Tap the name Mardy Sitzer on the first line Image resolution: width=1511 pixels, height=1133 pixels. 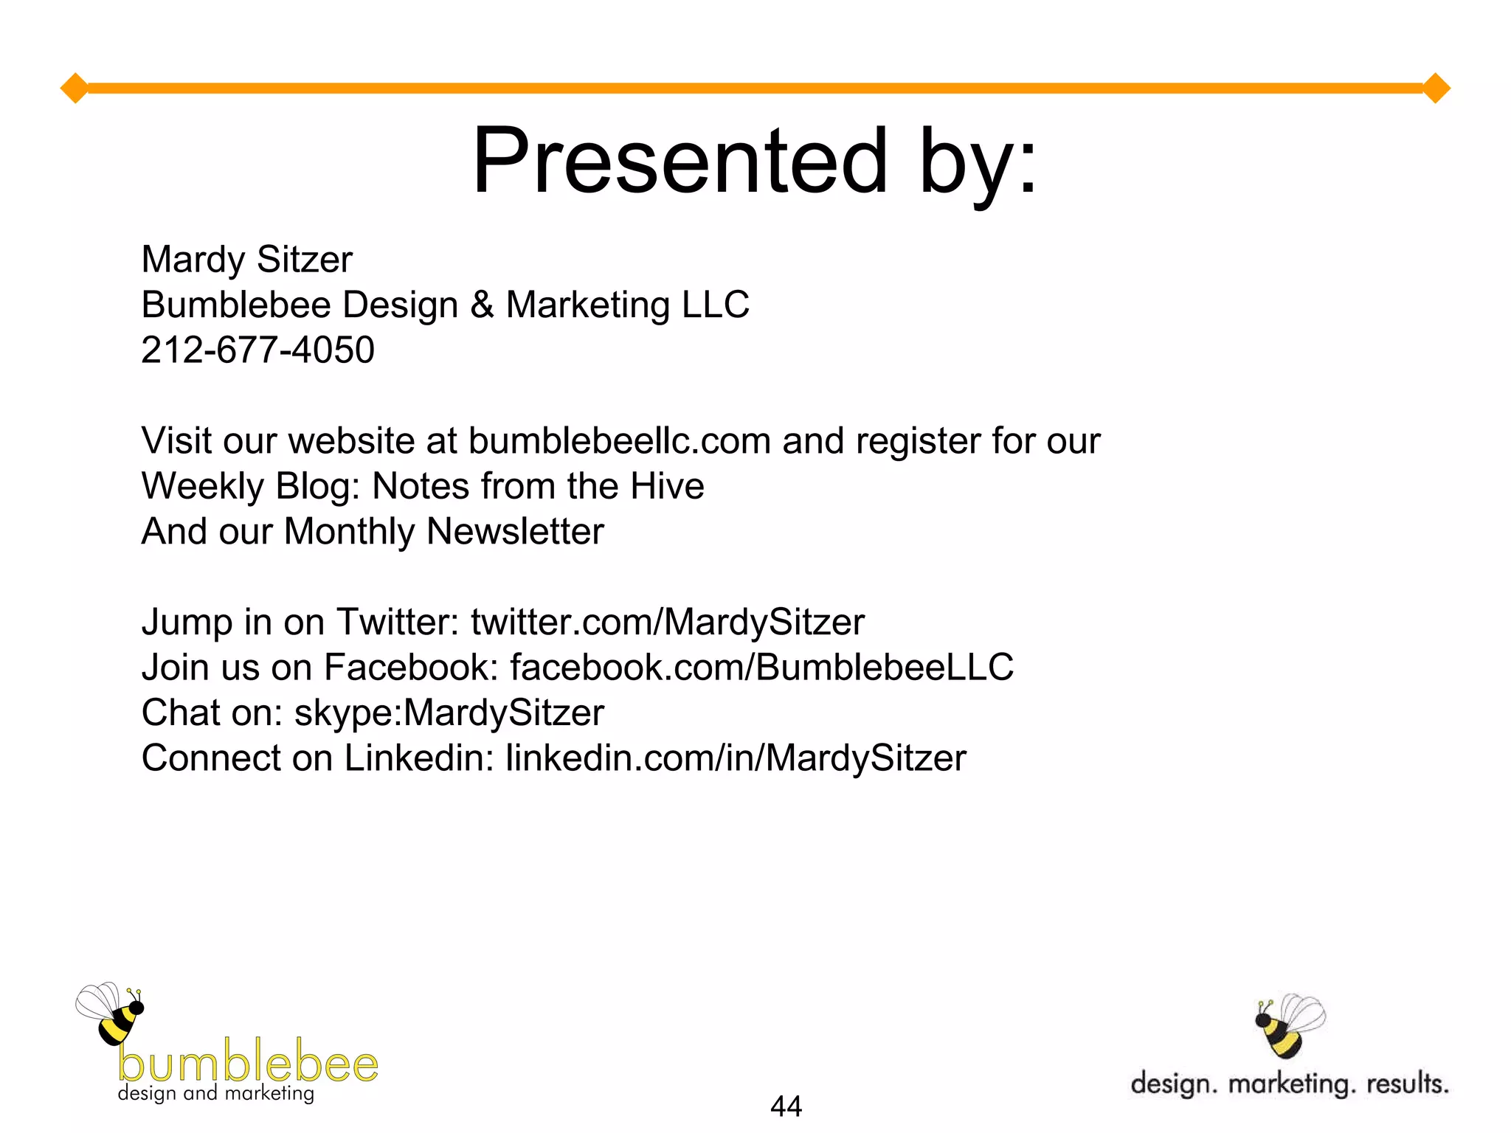(246, 260)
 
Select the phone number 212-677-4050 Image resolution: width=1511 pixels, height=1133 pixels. (257, 350)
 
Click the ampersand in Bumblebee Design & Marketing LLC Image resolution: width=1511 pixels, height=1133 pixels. (482, 305)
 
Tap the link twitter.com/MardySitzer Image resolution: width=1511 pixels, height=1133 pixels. (667, 622)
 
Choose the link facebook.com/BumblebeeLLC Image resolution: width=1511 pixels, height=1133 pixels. (761, 668)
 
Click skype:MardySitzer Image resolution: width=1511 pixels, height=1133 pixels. (449, 713)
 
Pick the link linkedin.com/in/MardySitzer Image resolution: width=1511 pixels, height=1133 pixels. (735, 758)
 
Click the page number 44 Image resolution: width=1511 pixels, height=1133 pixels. (786, 1106)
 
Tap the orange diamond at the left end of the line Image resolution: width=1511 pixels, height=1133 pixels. (75, 89)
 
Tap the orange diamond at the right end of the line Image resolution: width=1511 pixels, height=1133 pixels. (1436, 89)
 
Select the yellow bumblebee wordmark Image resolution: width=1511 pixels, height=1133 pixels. (248, 1062)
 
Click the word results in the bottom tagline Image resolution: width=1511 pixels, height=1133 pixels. (1407, 1084)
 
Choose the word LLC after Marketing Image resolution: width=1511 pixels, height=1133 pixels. (715, 305)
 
